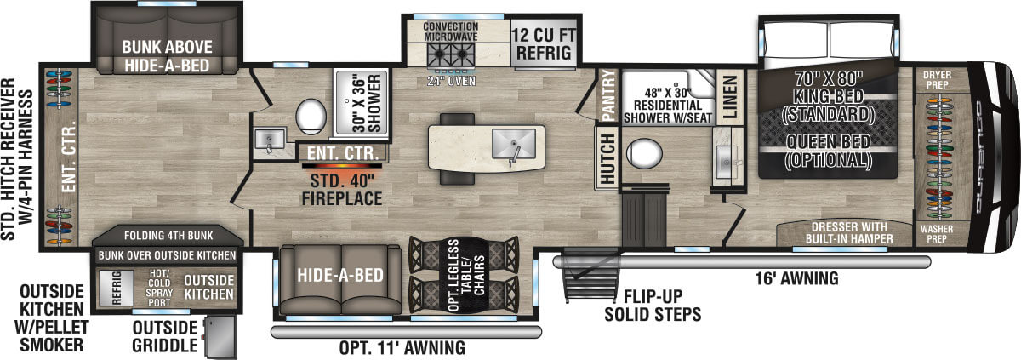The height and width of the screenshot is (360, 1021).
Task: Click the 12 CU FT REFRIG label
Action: [545, 43]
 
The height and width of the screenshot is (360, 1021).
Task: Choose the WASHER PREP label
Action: [942, 234]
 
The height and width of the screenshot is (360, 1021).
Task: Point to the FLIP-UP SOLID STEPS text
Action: [653, 306]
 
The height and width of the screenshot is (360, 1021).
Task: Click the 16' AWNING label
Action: [798, 277]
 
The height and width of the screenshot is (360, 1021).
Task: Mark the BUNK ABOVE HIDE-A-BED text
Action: [167, 55]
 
